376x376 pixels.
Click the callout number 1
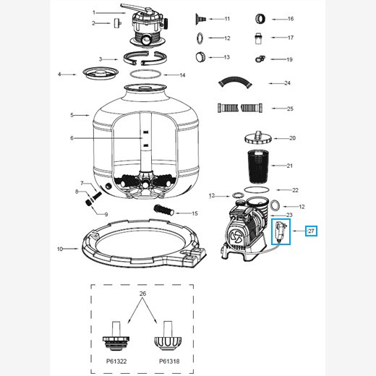[x=94, y=12]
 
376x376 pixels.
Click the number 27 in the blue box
[x=311, y=231]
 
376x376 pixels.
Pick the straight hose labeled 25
[x=240, y=109]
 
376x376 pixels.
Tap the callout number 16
[x=290, y=19]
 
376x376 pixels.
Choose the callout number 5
[x=72, y=115]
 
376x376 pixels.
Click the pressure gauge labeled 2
[x=114, y=23]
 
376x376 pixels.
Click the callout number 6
[x=72, y=138]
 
